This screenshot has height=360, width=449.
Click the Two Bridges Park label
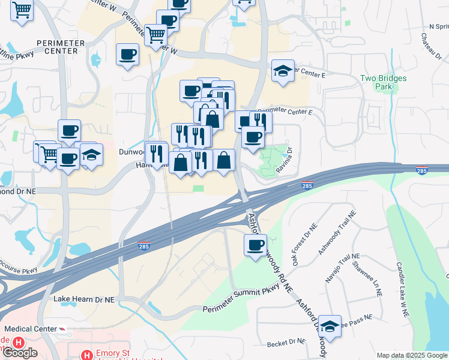coord(383,82)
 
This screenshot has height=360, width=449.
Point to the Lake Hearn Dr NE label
coord(83,298)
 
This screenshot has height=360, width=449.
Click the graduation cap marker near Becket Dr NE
coord(330,326)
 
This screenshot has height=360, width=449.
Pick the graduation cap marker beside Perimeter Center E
coord(283,71)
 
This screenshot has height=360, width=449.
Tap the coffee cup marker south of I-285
coord(256,245)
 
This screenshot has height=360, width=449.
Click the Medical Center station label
coord(31,329)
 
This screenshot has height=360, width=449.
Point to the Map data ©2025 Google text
coord(411,355)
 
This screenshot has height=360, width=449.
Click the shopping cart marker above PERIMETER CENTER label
coord(22,10)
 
